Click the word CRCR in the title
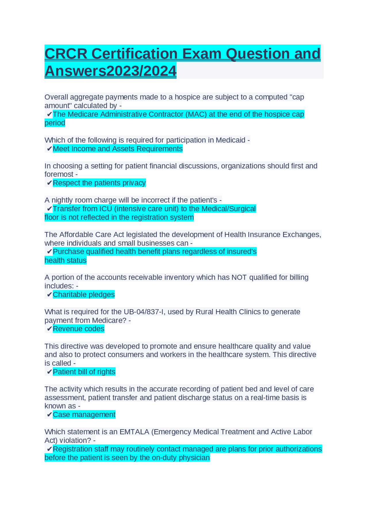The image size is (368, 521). pyautogui.click(x=66, y=54)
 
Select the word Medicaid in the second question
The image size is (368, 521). pyautogui.click(x=230, y=140)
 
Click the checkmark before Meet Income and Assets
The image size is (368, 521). pyautogui.click(x=49, y=149)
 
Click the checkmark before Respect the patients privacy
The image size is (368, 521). pyautogui.click(x=49, y=183)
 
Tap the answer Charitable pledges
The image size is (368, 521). pyautogui.click(x=84, y=295)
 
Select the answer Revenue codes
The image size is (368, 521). pyautogui.click(x=78, y=329)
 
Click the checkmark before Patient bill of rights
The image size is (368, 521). pyautogui.click(x=49, y=372)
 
